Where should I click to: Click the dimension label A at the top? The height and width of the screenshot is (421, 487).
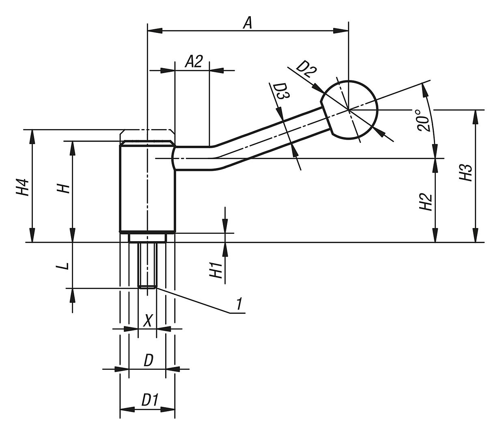248,23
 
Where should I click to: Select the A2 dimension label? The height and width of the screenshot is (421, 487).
194,62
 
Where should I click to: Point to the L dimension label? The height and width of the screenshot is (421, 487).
63,266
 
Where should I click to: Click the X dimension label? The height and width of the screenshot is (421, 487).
148,322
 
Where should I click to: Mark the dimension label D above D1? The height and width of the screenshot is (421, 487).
149,360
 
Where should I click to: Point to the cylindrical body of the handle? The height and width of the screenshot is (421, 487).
147,189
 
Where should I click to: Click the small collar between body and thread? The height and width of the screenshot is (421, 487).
147,237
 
